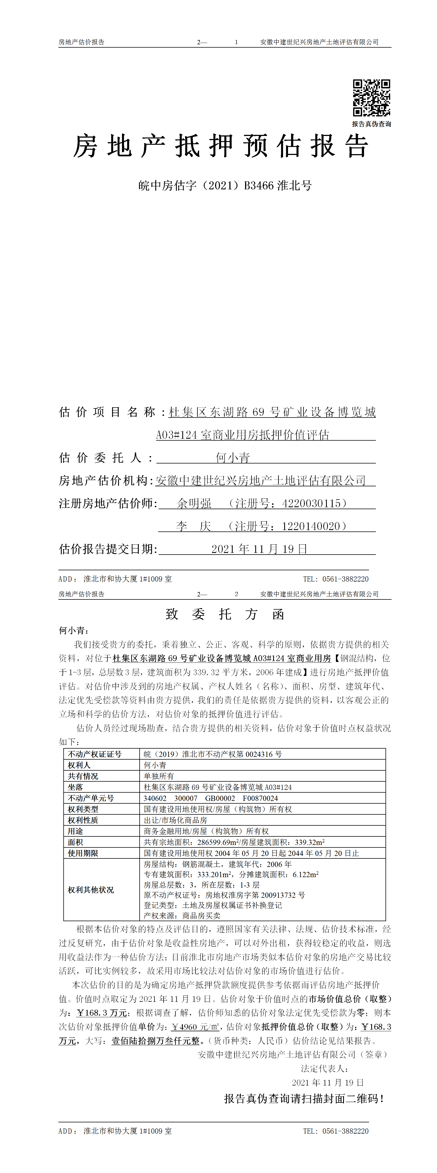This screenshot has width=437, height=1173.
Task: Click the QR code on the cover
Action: pos(371,98)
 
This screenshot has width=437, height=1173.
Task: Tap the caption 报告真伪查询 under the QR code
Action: pos(371,124)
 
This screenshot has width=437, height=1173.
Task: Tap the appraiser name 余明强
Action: pos(194,504)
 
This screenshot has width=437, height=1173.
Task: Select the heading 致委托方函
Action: pos(225,615)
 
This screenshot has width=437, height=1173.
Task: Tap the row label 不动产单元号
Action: pos(91,798)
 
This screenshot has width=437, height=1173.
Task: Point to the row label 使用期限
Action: pos(83,853)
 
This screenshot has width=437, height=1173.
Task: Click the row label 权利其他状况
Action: pos(91,890)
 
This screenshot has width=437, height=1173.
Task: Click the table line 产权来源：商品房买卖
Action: pos(182,916)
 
